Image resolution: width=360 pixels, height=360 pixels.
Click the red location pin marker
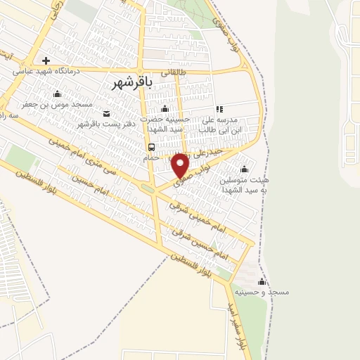[x=181, y=165]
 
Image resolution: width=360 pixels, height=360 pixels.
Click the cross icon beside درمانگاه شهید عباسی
[x=46, y=60]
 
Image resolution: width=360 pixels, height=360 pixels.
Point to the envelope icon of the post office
[x=106, y=114]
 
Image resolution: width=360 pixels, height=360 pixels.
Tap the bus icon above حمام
[x=151, y=147]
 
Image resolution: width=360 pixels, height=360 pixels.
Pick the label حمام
[x=151, y=157]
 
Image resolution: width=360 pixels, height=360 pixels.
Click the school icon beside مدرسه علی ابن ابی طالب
[x=220, y=109]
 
